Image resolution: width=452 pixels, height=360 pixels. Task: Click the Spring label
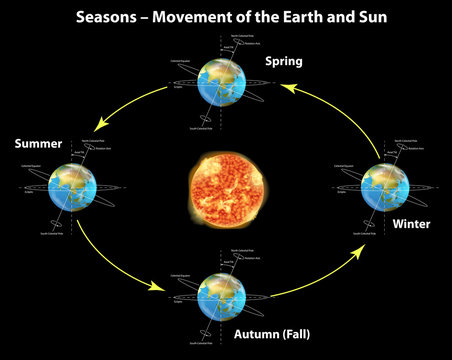coord(284,62)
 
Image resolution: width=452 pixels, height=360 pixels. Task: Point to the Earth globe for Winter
coord(384,187)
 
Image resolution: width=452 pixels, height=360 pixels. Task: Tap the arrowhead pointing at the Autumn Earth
coord(158,288)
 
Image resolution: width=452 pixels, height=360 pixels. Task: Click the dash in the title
coord(149,17)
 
